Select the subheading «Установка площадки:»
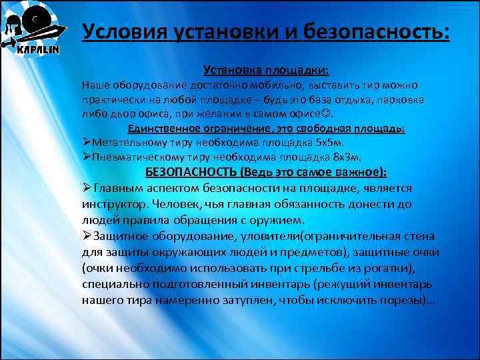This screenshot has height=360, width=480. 266,70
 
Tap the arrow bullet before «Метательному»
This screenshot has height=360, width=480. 86,143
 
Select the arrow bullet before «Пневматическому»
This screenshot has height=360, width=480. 86,157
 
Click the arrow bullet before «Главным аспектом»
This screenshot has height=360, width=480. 87,188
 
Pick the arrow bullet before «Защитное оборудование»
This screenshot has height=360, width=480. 87,236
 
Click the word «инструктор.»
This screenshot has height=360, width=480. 113,204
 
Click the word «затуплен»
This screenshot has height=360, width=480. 241,300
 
